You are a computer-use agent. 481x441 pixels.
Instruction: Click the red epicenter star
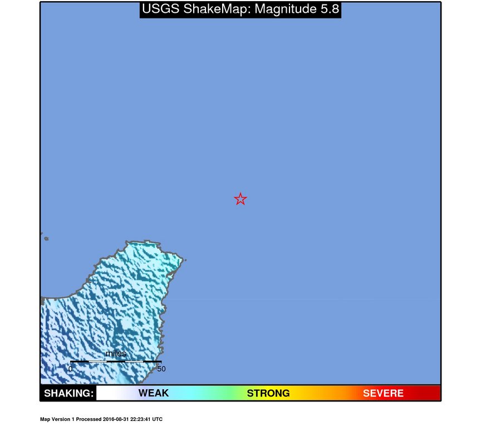(240, 199)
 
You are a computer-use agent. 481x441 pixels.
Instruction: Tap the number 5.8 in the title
(327, 9)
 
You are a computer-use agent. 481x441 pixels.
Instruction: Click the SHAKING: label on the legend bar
(68, 394)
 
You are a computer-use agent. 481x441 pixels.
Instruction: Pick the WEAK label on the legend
(154, 394)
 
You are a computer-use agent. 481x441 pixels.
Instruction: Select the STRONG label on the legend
(268, 394)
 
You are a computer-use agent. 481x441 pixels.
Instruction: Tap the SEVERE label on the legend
(383, 394)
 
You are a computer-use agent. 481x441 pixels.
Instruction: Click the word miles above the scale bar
(116, 354)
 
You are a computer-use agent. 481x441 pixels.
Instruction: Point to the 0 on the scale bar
(70, 369)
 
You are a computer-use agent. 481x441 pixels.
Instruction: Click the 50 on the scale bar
(161, 369)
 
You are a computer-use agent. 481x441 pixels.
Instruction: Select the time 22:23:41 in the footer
(143, 419)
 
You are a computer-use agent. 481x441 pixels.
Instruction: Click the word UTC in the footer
(158, 419)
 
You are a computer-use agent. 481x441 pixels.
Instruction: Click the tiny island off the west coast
(46, 239)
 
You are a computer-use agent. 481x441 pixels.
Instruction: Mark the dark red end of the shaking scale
(431, 394)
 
